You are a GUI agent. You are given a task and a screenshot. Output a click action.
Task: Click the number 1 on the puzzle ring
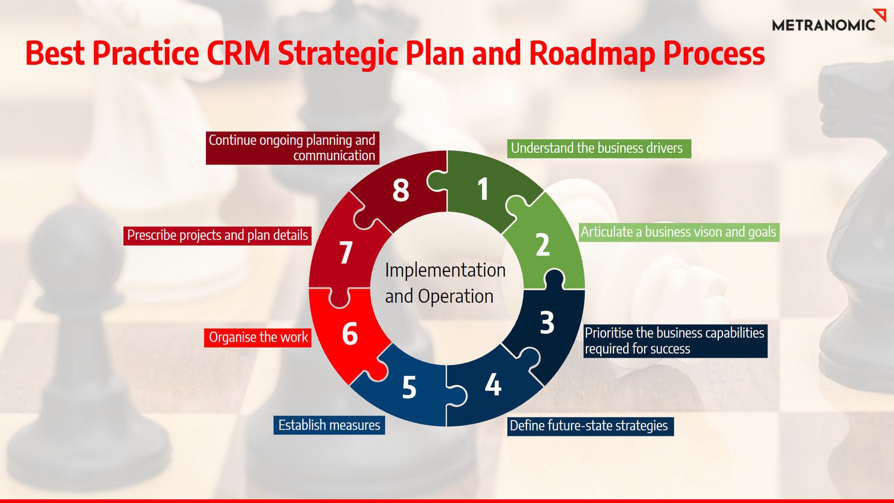tap(483, 188)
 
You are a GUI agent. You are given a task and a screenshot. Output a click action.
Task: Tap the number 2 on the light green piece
tap(543, 245)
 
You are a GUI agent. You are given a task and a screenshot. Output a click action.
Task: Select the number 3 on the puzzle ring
tap(547, 322)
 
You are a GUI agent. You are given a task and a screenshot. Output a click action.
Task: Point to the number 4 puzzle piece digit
tap(493, 384)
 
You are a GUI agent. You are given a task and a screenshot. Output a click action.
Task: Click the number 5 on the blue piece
tap(409, 387)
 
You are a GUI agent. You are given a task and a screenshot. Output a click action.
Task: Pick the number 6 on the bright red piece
tap(350, 333)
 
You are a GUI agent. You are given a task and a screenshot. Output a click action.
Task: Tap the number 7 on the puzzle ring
tap(346, 252)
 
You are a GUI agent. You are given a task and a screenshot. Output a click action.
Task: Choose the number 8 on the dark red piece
tap(401, 190)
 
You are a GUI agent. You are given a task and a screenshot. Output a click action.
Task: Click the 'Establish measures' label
tap(329, 425)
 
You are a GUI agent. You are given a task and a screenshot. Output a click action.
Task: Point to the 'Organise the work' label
tap(258, 337)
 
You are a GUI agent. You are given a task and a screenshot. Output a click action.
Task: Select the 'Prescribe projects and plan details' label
tap(217, 236)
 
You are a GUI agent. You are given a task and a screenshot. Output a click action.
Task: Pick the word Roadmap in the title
tap(592, 54)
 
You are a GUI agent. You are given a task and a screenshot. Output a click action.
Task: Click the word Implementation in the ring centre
tap(445, 271)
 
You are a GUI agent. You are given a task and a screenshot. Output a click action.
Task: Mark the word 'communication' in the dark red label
tap(334, 156)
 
